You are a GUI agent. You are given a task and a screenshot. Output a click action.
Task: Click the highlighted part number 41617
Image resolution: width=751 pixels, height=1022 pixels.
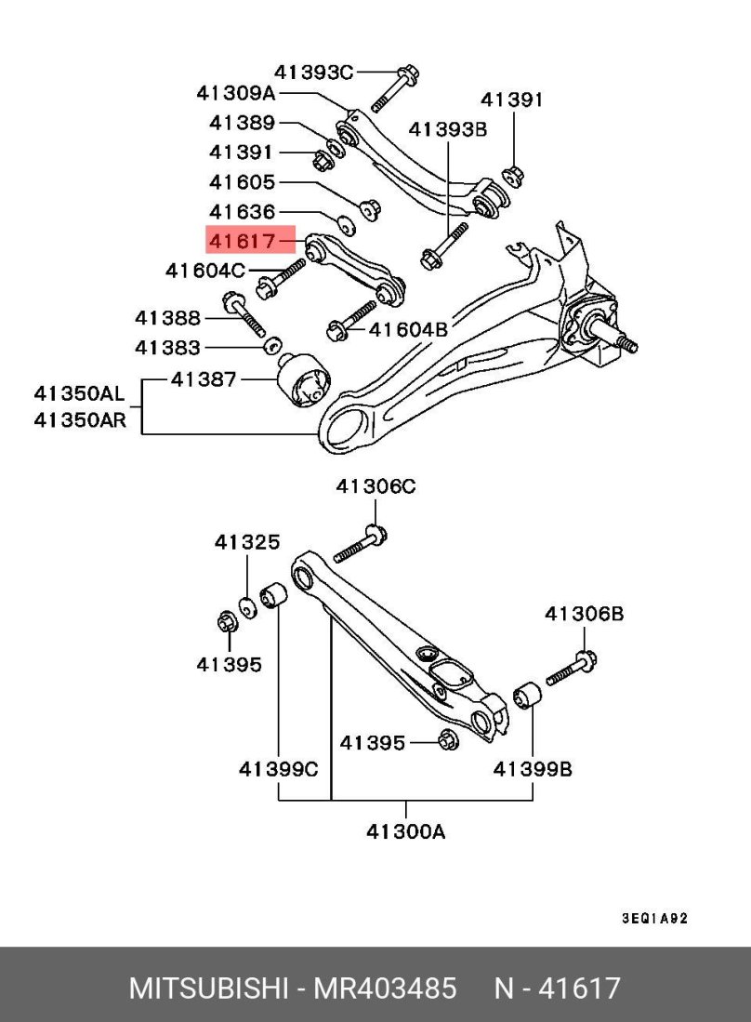243,241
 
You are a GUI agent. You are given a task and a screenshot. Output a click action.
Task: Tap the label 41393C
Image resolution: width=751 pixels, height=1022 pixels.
314,72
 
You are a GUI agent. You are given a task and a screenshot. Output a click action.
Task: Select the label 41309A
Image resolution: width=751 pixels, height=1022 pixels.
236,93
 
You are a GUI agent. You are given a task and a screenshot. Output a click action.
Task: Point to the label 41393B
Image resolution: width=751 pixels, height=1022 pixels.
448,129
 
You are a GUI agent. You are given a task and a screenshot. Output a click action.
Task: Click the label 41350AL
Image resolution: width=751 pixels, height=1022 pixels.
79,393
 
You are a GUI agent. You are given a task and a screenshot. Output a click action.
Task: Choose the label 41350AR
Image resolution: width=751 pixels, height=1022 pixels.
80,420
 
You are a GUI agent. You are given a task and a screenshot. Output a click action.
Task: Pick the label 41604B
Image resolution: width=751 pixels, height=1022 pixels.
408,329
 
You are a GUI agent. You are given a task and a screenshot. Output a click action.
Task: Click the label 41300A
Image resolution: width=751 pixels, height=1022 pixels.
406,831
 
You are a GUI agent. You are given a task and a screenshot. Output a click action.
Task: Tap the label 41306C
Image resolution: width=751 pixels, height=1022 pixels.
375,486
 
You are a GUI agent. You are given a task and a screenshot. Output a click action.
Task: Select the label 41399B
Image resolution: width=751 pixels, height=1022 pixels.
533,769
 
